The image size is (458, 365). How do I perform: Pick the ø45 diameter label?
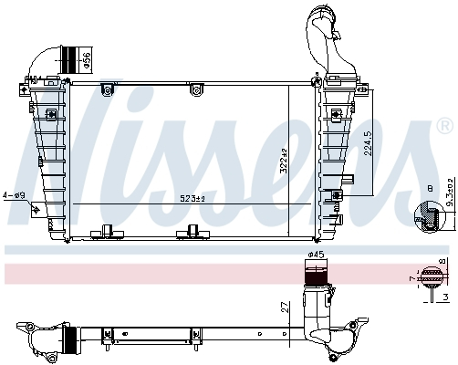(x=315, y=254)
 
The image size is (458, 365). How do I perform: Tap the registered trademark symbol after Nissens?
(x=444, y=122)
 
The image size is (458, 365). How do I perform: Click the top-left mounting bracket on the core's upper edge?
(x=107, y=88)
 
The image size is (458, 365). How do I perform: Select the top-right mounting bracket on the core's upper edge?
(x=196, y=88)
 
